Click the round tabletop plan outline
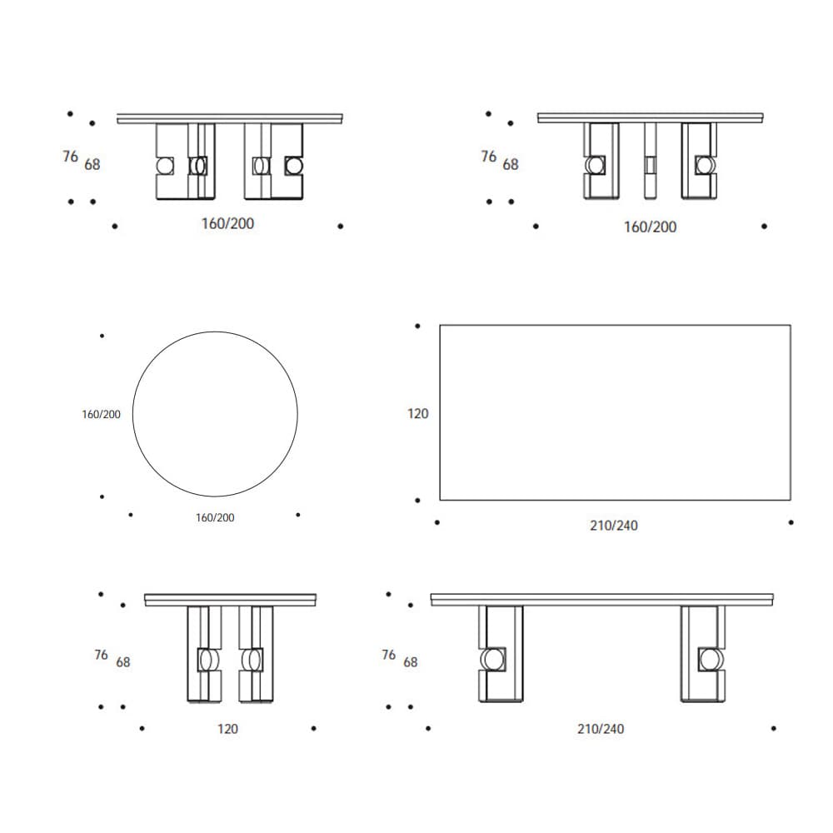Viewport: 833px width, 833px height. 132,414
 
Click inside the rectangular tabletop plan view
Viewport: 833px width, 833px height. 616,412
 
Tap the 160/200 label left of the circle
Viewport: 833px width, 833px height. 101,414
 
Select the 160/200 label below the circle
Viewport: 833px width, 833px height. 215,517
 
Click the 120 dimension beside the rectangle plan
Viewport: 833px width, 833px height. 417,414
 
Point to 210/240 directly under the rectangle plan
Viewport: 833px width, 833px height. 614,526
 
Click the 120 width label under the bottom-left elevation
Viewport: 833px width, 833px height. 227,729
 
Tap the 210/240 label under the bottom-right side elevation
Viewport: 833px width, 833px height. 601,729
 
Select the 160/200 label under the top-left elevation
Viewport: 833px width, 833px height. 227,223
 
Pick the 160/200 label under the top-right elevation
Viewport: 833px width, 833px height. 650,227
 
